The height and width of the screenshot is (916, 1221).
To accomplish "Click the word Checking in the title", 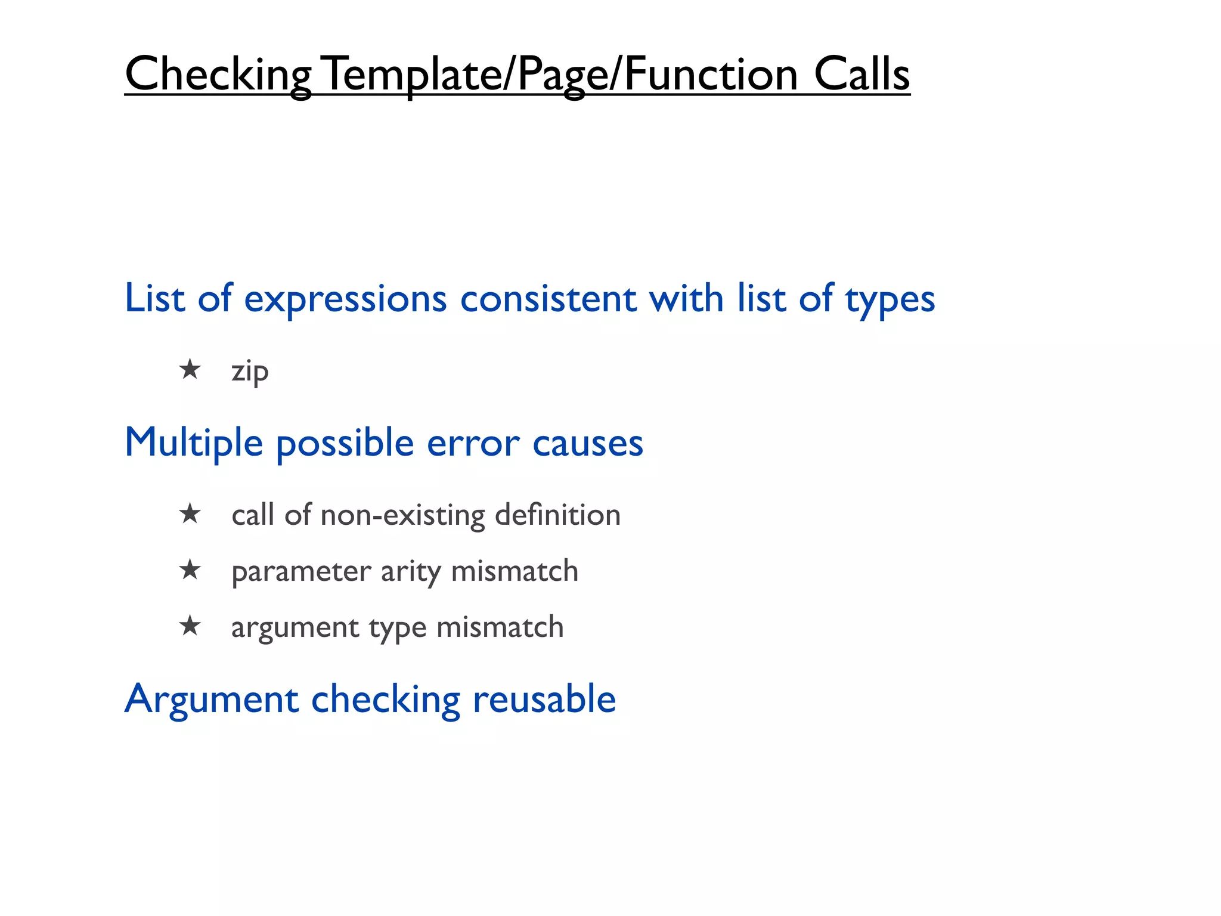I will click(x=218, y=75).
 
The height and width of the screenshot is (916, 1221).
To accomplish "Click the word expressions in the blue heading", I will click(x=345, y=299).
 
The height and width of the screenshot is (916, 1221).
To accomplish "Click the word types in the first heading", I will click(x=890, y=300).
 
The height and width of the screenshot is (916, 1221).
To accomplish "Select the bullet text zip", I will click(x=250, y=372).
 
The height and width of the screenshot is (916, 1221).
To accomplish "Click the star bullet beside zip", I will click(x=190, y=369).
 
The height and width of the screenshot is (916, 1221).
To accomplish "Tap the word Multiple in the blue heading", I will click(x=194, y=443).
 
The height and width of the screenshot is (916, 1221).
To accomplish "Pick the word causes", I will click(x=587, y=444).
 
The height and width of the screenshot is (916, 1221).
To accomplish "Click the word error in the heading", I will click(x=473, y=444).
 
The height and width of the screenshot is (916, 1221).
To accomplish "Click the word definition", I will click(x=557, y=515).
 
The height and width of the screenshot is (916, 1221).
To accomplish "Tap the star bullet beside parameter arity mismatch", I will click(x=190, y=570).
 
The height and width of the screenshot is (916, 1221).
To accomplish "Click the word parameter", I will click(x=301, y=572).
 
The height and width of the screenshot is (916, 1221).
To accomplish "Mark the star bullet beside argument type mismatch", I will click(x=190, y=626).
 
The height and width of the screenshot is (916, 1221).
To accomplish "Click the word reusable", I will click(x=544, y=699).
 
